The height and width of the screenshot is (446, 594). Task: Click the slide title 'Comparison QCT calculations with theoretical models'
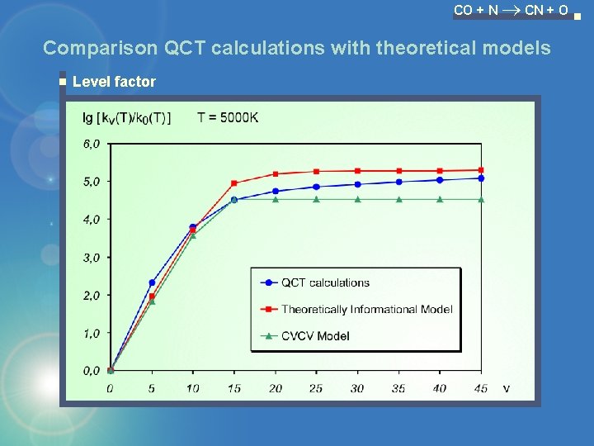(x=296, y=48)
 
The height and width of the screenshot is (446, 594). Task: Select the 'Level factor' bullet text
(x=114, y=81)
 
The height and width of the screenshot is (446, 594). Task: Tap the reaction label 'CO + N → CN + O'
(x=511, y=11)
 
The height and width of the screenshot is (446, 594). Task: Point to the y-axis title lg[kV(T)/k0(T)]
(x=127, y=117)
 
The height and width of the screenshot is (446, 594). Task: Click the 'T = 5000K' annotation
(x=228, y=117)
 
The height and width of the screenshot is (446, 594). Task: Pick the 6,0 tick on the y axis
(x=92, y=144)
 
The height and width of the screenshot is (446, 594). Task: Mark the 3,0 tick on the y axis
(x=92, y=258)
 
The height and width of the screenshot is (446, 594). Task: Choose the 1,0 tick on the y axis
(x=92, y=333)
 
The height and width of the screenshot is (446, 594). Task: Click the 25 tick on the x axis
(x=316, y=388)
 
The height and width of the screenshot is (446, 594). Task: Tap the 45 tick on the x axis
(x=481, y=388)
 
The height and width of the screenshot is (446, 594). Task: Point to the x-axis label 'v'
(x=506, y=388)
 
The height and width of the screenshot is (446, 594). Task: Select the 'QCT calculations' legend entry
(x=325, y=282)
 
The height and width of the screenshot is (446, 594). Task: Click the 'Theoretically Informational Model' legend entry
(x=366, y=309)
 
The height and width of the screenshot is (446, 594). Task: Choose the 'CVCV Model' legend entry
(x=315, y=335)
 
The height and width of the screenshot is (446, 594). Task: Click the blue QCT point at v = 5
(x=152, y=282)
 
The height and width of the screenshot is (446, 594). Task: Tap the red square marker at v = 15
(x=234, y=183)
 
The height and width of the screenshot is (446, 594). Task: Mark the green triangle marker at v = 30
(x=357, y=199)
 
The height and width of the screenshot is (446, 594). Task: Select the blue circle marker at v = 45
(x=481, y=178)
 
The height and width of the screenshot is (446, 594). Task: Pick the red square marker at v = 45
(x=481, y=170)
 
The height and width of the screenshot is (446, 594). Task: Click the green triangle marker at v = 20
(x=276, y=199)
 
